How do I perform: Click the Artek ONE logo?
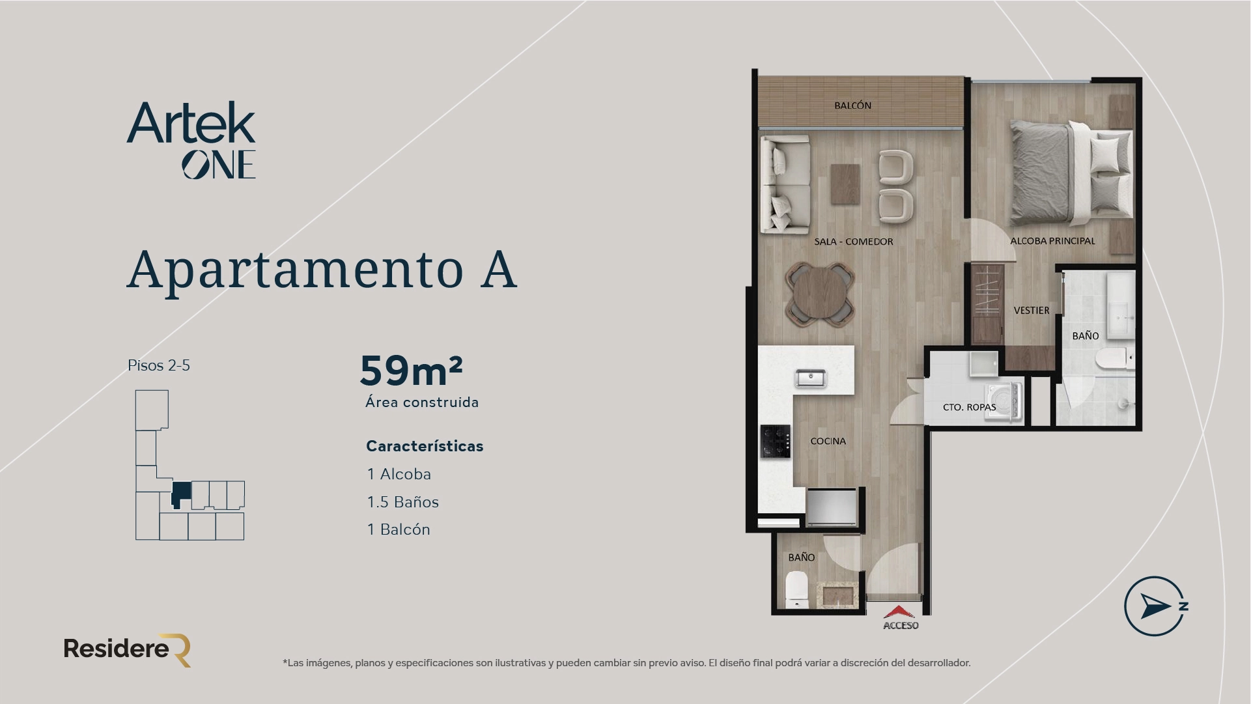coord(191,140)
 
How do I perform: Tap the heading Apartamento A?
coord(322,270)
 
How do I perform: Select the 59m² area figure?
coord(411,371)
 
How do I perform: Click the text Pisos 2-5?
coord(159,365)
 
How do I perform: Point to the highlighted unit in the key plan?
coord(180,494)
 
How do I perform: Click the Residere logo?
coord(127,649)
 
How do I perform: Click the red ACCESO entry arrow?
coord(900,613)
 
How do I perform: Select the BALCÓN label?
coord(852,106)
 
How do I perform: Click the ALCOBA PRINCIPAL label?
coord(1052,241)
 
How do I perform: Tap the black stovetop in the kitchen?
coord(775,440)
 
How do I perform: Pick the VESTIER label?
coord(1032,311)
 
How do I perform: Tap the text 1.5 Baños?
coord(402,502)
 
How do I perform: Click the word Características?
coord(425,446)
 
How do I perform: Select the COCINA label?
coord(828,441)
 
